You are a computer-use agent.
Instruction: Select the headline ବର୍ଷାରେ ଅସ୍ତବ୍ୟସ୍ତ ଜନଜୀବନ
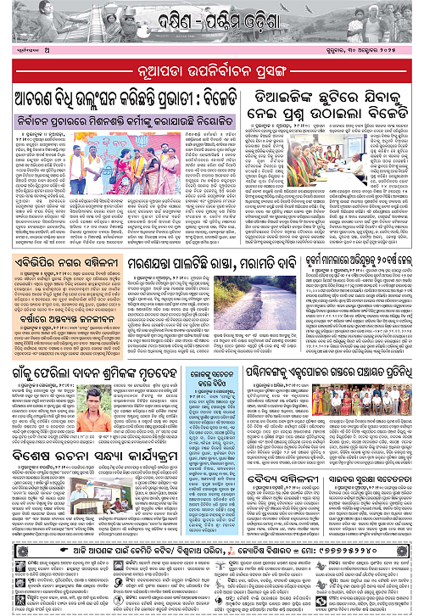[56, 294]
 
